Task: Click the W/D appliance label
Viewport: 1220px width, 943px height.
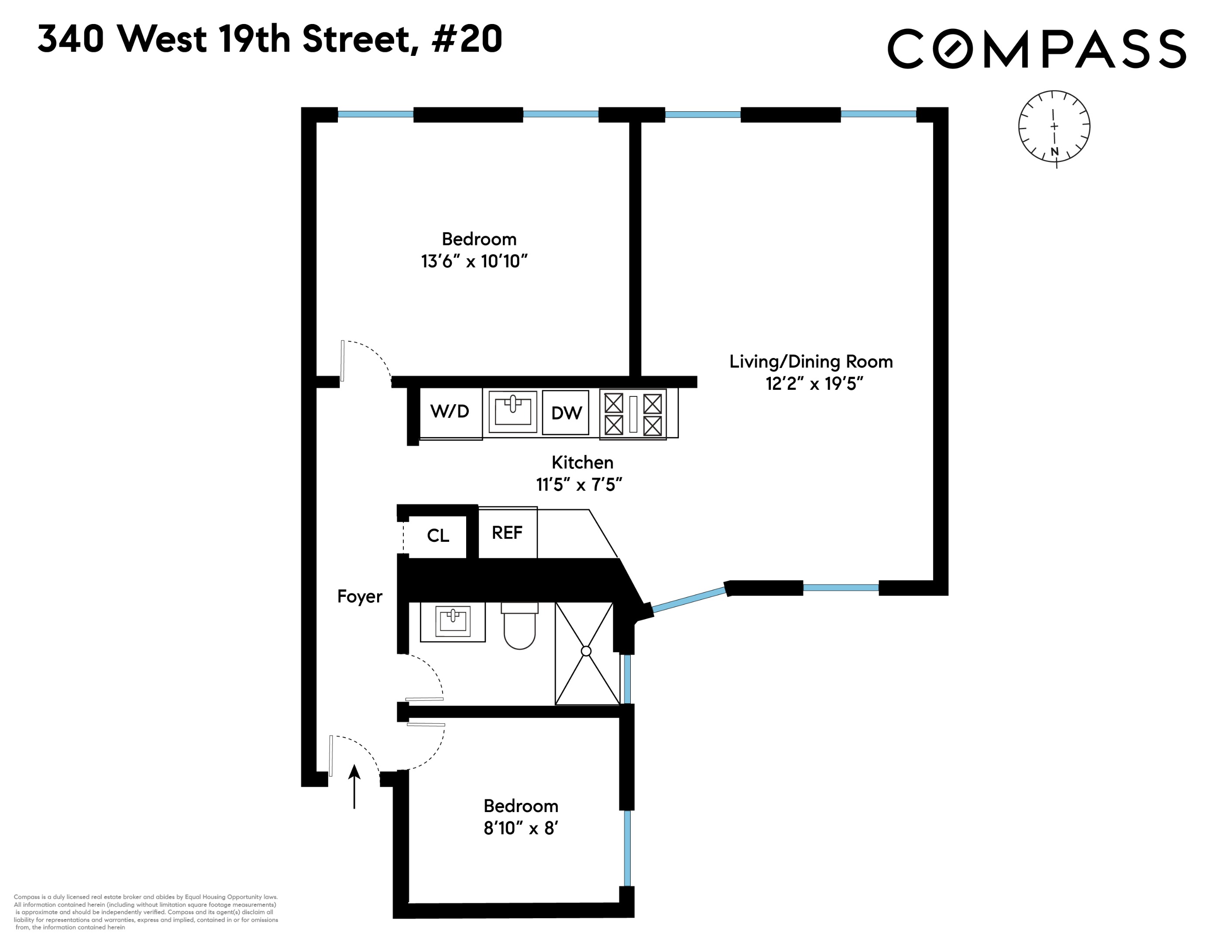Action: pos(450,412)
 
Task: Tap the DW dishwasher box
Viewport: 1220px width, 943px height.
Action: pos(566,413)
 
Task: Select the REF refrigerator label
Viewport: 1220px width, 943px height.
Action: pos(507,533)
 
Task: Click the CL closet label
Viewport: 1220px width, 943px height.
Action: pos(438,536)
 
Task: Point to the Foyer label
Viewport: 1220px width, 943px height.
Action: pos(360,597)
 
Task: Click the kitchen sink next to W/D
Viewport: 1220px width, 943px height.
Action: pos(513,411)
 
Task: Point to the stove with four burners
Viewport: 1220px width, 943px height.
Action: pos(633,414)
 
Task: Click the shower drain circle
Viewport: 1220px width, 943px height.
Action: pos(586,651)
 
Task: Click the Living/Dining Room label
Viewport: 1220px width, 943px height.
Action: pos(811,362)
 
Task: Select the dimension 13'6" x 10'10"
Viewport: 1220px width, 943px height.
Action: pos(474,261)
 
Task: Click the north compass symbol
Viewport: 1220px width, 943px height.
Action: pos(1054,127)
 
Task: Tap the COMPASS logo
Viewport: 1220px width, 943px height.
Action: pos(1036,49)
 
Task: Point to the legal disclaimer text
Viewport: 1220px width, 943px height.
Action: pos(145,912)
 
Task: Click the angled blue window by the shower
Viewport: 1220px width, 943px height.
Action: pos(689,600)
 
